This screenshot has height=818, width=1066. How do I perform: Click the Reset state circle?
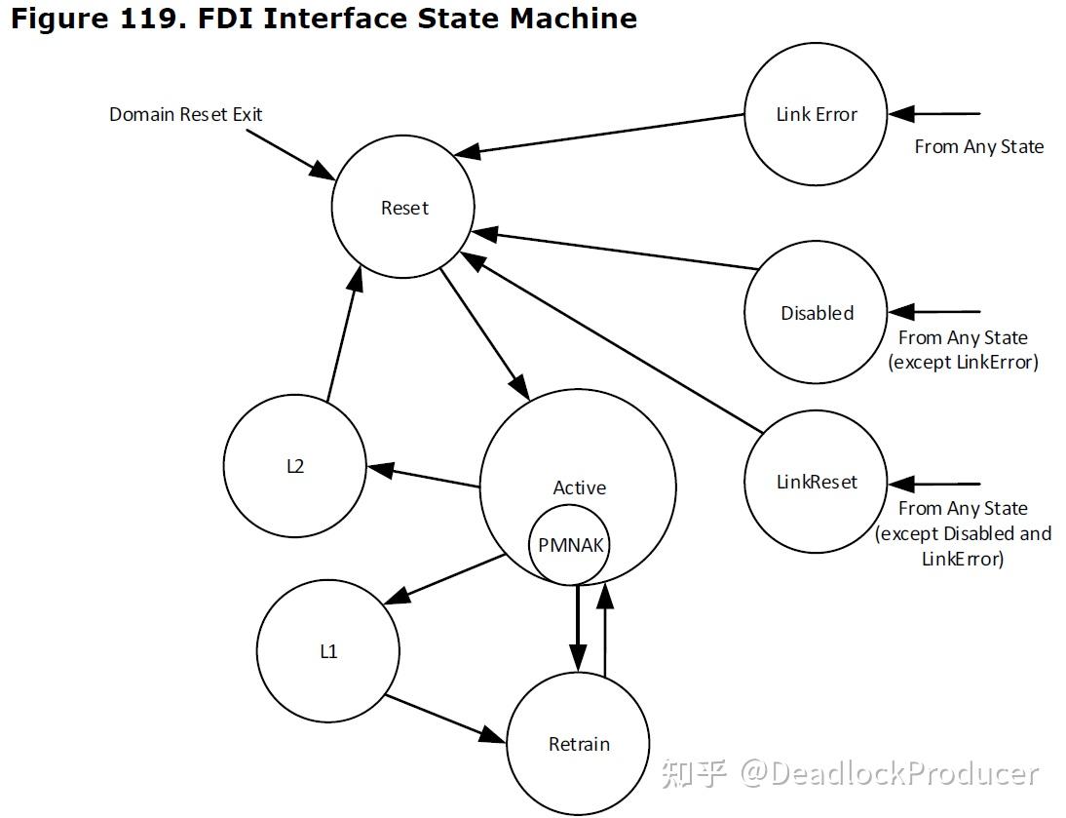click(x=402, y=208)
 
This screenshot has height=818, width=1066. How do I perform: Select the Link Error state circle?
click(x=816, y=114)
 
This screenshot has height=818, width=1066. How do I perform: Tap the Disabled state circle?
click(x=816, y=313)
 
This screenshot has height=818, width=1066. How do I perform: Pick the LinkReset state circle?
click(x=816, y=482)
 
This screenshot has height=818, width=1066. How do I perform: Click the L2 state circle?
click(x=294, y=466)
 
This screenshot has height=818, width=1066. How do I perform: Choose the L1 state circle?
click(x=328, y=651)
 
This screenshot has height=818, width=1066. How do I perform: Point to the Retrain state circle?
click(x=579, y=744)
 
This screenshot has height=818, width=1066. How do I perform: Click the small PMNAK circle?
click(x=570, y=545)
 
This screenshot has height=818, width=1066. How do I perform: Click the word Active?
click(x=579, y=487)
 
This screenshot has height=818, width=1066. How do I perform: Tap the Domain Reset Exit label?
click(x=185, y=114)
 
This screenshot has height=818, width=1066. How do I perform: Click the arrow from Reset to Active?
click(x=484, y=331)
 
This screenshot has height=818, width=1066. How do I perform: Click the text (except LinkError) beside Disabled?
click(x=963, y=362)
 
